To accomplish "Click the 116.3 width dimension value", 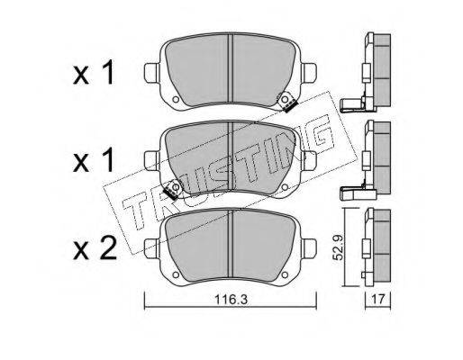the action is pos(231,299).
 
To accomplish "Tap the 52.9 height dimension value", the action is pos(339,247).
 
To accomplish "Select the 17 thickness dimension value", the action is pos(377,299).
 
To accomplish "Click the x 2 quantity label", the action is pos(95,248).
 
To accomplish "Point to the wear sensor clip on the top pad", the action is pos(286,102).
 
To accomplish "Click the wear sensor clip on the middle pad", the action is pos(172,190).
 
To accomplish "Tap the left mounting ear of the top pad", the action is pos(151,73).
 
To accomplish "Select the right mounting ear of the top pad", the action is pos(309,73).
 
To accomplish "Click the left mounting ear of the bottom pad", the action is pos(151,248).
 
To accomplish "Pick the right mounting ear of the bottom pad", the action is pos(309,248).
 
